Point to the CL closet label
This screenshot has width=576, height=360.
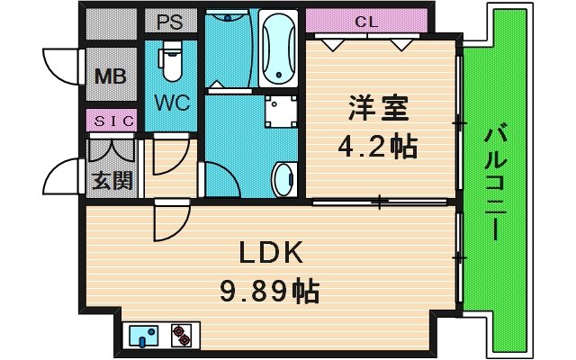364,21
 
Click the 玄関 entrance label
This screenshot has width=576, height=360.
111,180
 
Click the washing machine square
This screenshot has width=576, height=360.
278,111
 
